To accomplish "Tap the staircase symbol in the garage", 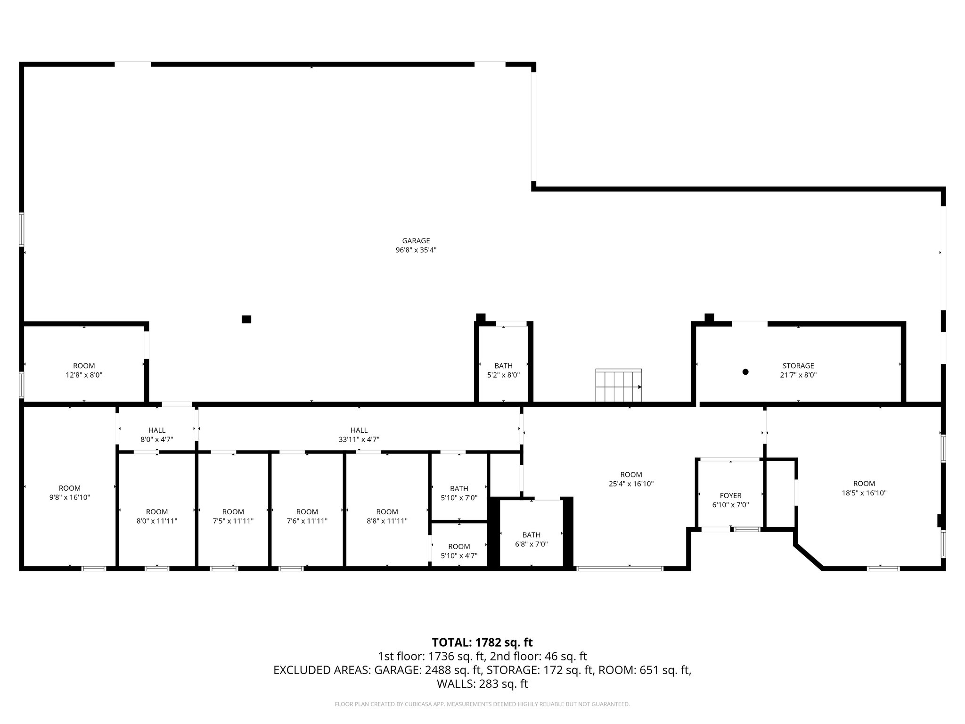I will [618, 386].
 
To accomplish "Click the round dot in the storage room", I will [745, 372].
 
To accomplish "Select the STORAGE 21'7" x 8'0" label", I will [798, 370].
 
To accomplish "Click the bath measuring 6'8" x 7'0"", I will [531, 539].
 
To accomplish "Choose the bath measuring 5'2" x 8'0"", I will [503, 370].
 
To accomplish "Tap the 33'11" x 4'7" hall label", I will [359, 435].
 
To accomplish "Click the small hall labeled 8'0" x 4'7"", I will [157, 435].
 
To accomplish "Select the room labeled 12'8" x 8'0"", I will [84, 370].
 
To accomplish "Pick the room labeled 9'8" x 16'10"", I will [70, 493].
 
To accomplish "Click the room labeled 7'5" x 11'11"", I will [233, 516].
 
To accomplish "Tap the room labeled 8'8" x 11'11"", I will [387, 516].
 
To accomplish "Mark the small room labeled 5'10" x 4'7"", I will [459, 551].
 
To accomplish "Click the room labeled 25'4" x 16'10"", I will [631, 479].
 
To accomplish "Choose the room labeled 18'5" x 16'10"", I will [864, 488].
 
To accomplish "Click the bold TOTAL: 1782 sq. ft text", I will [482, 642].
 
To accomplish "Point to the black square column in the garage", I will [246, 319].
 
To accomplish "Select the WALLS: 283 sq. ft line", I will [482, 684].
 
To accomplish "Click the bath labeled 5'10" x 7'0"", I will [459, 493].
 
